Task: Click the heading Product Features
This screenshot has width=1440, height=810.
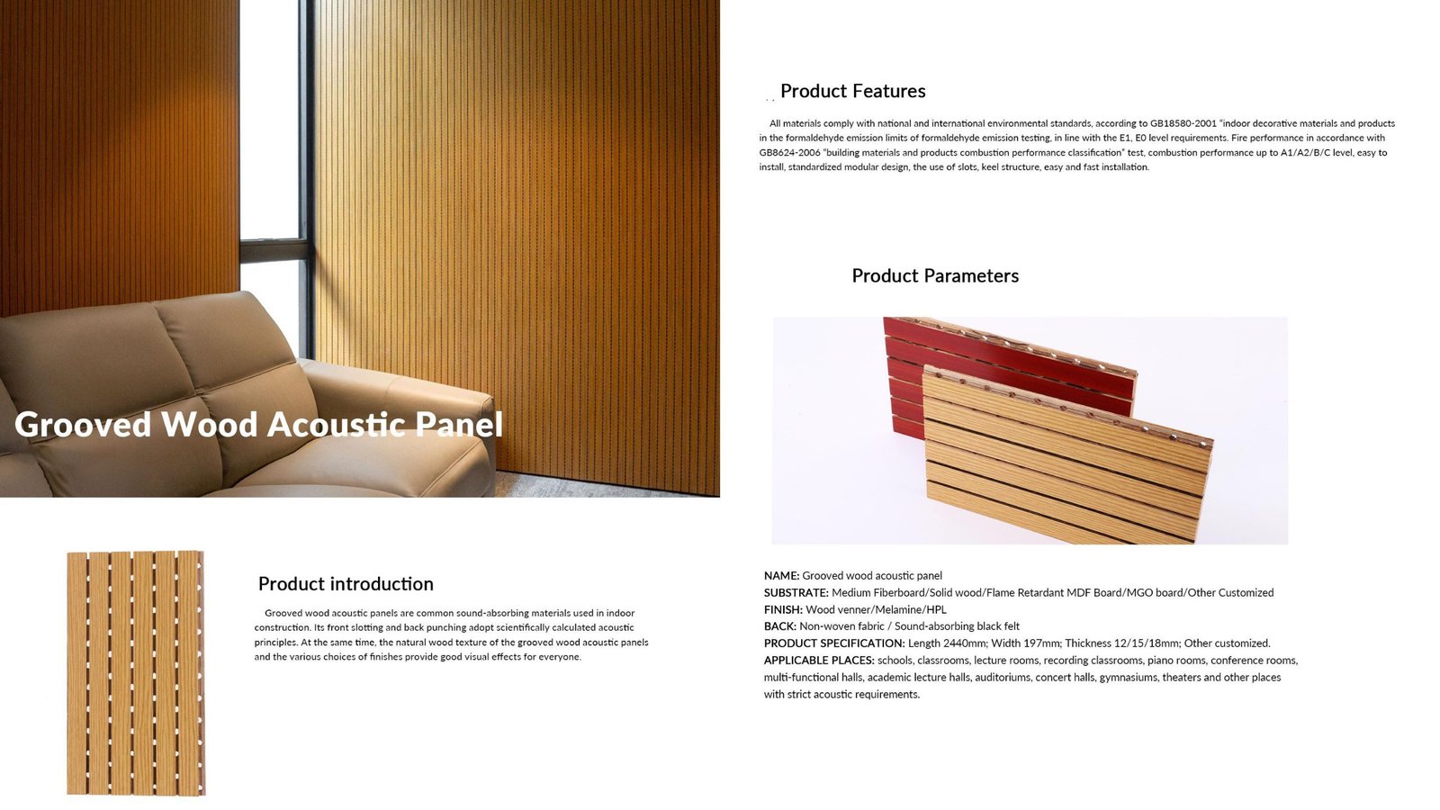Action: pyautogui.click(x=852, y=91)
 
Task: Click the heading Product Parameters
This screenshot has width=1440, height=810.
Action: pyautogui.click(x=935, y=275)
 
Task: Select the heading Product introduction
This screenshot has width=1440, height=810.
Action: pyautogui.click(x=346, y=584)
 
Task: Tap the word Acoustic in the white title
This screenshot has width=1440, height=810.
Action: pyautogui.click(x=336, y=424)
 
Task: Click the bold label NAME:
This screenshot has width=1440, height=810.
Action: pyautogui.click(x=782, y=576)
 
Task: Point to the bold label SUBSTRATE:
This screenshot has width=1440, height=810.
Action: pyautogui.click(x=796, y=593)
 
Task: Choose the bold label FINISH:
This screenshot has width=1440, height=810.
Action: pyautogui.click(x=783, y=609)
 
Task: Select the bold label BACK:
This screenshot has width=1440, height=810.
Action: pyautogui.click(x=779, y=626)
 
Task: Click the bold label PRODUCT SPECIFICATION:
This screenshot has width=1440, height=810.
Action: pyautogui.click(x=834, y=643)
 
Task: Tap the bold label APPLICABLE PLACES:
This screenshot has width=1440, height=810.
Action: pyautogui.click(x=819, y=661)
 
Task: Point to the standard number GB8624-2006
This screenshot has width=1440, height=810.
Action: pyautogui.click(x=789, y=153)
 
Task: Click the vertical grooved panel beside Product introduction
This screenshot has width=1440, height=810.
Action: pyautogui.click(x=136, y=673)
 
